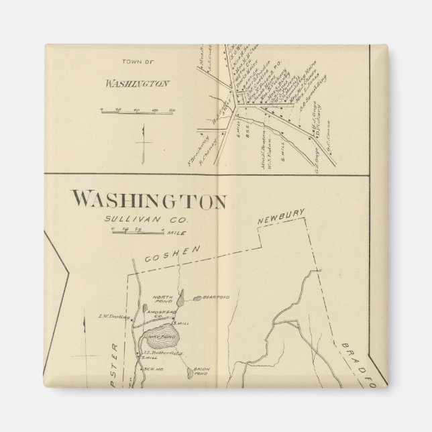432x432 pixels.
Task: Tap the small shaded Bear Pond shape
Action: [x=199, y=296]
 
